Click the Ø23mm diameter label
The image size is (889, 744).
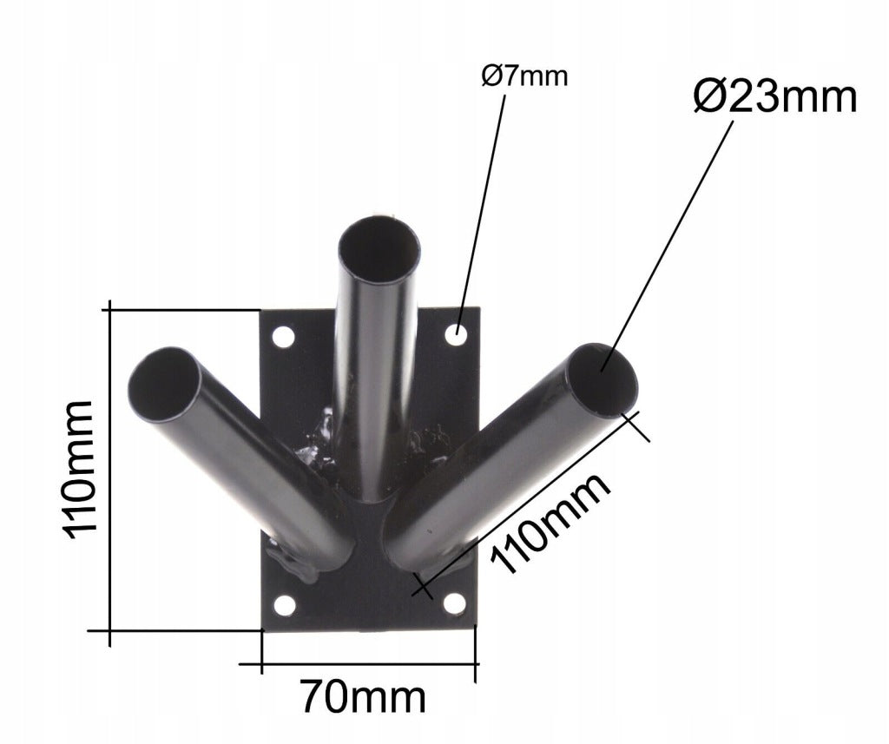[x=774, y=97]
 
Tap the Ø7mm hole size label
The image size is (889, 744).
[x=524, y=76]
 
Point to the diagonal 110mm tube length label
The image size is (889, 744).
[x=551, y=523]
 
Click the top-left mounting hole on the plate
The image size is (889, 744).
[x=284, y=337]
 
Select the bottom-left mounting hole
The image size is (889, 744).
[x=285, y=605]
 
